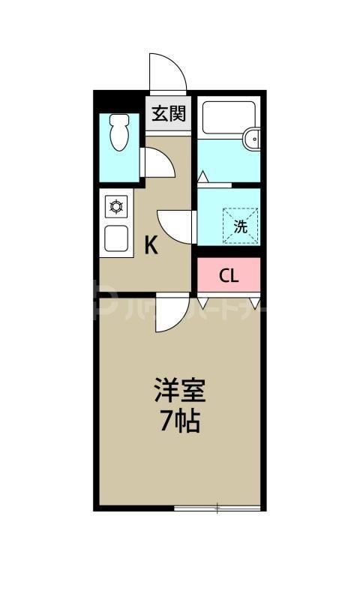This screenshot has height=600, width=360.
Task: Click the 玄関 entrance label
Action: click(169, 115)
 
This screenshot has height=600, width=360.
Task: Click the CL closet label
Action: click(229, 275)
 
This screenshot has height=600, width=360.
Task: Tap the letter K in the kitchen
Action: click(151, 245)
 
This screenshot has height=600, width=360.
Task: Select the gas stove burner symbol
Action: click(117, 205)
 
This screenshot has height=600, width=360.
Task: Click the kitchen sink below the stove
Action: click(117, 239)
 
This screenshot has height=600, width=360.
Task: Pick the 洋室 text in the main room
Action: click(180, 391)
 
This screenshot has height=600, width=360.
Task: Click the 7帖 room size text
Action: click(180, 422)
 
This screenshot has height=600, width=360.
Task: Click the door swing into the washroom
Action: click(176, 226)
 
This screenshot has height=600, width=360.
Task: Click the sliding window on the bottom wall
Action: click(217, 509)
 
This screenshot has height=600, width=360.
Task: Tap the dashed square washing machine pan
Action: click(241, 223)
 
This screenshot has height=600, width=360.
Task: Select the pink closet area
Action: click(229, 275)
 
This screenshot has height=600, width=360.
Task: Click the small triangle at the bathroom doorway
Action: click(202, 178)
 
